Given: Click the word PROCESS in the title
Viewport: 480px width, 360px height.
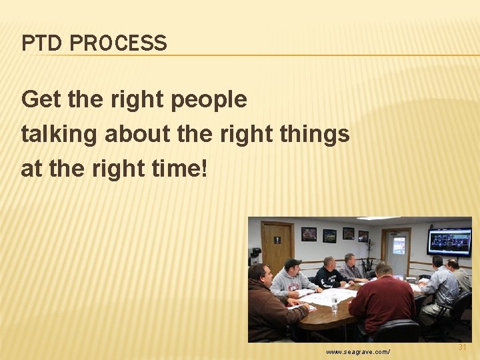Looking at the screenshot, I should tap(118, 43).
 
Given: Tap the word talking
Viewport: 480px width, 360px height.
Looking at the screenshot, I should tap(59, 134).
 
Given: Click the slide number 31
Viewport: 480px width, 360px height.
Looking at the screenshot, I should tap(463, 347).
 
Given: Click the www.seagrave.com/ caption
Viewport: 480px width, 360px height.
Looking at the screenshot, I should tap(357, 351).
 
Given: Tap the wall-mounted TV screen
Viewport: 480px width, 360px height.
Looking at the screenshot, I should tap(449, 241).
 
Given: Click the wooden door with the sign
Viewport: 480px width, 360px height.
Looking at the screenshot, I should tap(277, 246).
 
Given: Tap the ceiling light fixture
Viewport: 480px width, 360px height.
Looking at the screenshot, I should tap(379, 219).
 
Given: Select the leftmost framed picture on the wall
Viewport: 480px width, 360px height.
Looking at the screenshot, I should tap(309, 234).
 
